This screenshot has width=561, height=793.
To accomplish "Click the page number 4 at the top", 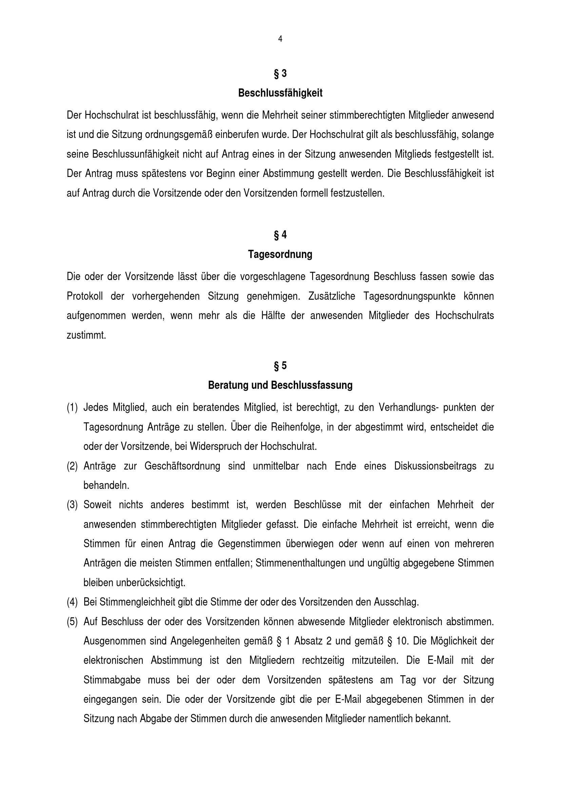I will (x=280, y=39).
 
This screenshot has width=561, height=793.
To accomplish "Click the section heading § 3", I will (x=280, y=74).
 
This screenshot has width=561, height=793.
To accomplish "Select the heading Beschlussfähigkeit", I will (x=280, y=93).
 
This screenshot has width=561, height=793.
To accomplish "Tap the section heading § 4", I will (x=280, y=235).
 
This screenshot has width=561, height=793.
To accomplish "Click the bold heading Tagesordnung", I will (x=280, y=255).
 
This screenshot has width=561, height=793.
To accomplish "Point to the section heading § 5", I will (x=280, y=365).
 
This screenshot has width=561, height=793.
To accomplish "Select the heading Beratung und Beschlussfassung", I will (x=280, y=385).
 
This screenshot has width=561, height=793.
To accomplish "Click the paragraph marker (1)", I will (x=72, y=408).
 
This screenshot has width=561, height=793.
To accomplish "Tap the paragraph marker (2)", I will (x=72, y=466).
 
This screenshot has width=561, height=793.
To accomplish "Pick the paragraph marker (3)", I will (x=72, y=505).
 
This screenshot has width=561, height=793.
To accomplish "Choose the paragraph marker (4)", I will (x=72, y=602).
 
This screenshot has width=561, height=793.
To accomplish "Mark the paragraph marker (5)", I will (x=72, y=622).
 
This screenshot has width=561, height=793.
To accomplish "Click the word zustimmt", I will (x=86, y=335).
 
